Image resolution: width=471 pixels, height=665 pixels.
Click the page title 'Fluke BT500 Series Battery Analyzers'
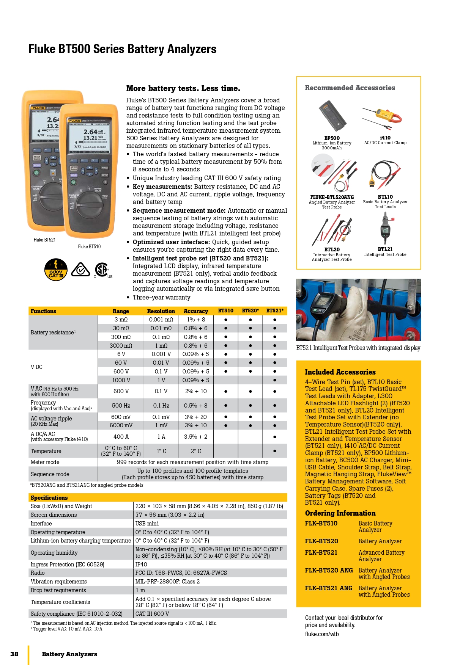tap(122, 49)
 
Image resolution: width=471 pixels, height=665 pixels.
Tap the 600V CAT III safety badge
tap(56, 270)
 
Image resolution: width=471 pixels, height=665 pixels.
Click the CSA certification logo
tap(102, 270)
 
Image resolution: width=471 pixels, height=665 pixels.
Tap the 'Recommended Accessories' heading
tap(350, 88)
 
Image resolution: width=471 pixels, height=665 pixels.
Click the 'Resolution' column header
tap(161, 311)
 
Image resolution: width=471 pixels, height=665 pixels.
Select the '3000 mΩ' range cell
tap(121, 346)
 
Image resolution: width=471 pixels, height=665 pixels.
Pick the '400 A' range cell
tap(121, 437)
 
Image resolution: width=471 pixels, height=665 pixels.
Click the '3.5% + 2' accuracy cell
tap(195, 437)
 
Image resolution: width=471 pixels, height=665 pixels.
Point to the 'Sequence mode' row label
tap(50, 474)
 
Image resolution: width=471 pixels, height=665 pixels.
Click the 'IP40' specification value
tap(141, 565)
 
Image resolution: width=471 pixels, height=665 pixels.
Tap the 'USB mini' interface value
tap(147, 524)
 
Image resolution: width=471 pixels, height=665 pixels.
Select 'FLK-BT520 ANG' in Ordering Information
tap(329, 570)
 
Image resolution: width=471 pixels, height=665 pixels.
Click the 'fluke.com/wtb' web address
tap(322, 634)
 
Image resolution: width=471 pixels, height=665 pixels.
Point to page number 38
tap(14, 654)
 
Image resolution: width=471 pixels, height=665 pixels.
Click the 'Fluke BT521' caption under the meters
tap(44, 240)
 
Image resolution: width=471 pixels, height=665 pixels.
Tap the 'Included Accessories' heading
tap(340, 372)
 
